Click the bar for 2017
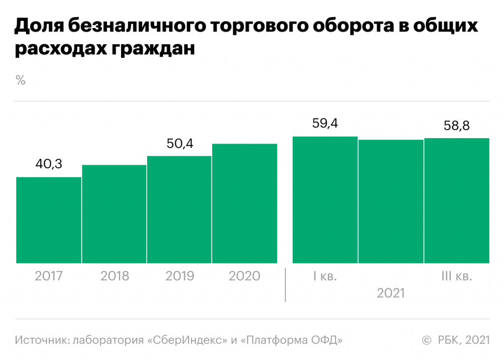pyautogui.click(x=49, y=220)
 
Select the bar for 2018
pyautogui.click(x=114, y=214)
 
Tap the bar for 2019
pyautogui.click(x=179, y=210)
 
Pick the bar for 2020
pyautogui.click(x=245, y=204)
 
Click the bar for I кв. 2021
pyautogui.click(x=325, y=200)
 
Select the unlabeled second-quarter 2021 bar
pyautogui.click(x=391, y=202)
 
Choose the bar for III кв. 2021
pyautogui.click(x=456, y=201)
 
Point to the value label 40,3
pyautogui.click(x=49, y=164)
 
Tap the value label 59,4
pyautogui.click(x=325, y=123)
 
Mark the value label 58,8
pyautogui.click(x=456, y=125)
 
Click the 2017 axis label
pyautogui.click(x=49, y=276)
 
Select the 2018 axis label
pyautogui.click(x=114, y=276)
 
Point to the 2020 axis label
pyautogui.click(x=245, y=276)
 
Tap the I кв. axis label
pyautogui.click(x=325, y=276)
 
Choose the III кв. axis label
pyautogui.click(x=456, y=276)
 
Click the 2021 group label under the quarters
pyautogui.click(x=391, y=294)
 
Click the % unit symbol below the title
pyautogui.click(x=20, y=81)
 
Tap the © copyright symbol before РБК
pyautogui.click(x=427, y=340)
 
